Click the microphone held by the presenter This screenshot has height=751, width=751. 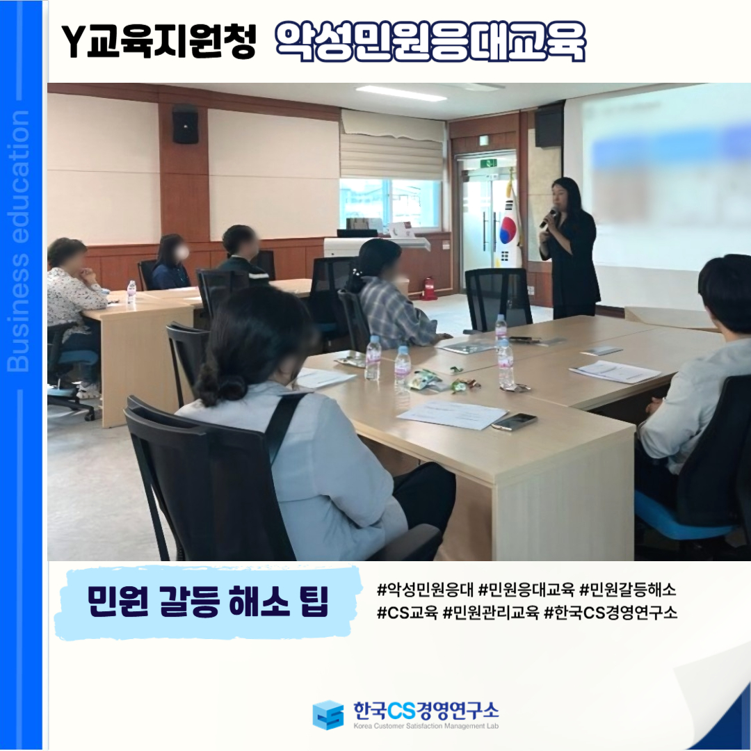(548, 218)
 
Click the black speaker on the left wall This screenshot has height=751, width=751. (186, 124)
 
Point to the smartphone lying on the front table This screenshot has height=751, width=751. (514, 421)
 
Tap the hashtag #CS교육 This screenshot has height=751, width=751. (407, 613)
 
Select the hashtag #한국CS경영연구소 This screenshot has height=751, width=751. (611, 613)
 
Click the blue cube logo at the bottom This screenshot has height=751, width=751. (328, 715)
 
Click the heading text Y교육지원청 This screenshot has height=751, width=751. (159, 42)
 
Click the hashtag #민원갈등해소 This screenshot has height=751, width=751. (627, 589)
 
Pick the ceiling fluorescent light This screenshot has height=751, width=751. (401, 93)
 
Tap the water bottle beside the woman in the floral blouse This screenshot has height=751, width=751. (131, 291)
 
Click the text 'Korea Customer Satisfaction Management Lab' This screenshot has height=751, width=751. (426, 726)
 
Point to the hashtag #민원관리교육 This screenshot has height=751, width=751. (491, 613)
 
